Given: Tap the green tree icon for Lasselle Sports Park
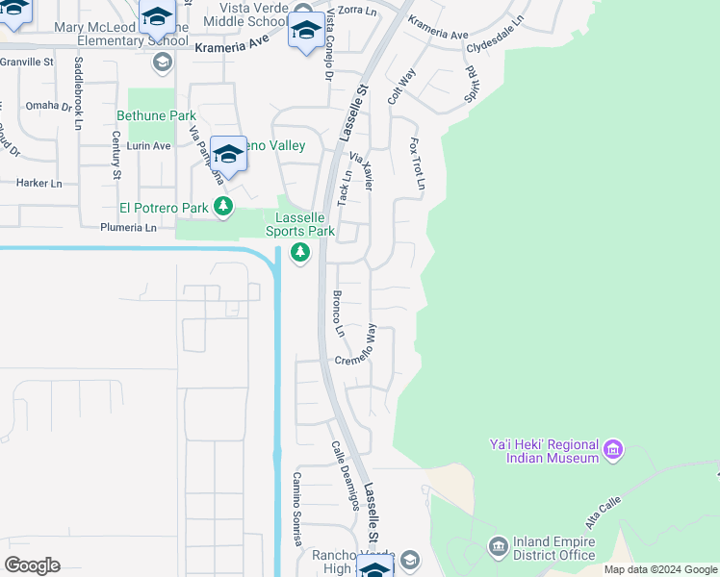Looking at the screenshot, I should point(300,253).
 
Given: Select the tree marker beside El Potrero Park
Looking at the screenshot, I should point(223,207).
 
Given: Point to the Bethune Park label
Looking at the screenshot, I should point(156,115).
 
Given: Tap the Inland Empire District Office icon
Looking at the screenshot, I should point(498,547).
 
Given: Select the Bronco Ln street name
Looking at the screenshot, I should point(339,314).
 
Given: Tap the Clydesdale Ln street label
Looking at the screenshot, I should point(496,32).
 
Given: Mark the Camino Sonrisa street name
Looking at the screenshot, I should point(298,508).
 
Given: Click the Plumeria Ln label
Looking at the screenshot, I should point(128,228).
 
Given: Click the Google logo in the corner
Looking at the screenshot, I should point(33,565).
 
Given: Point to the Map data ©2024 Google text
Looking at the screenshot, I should point(660,569).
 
